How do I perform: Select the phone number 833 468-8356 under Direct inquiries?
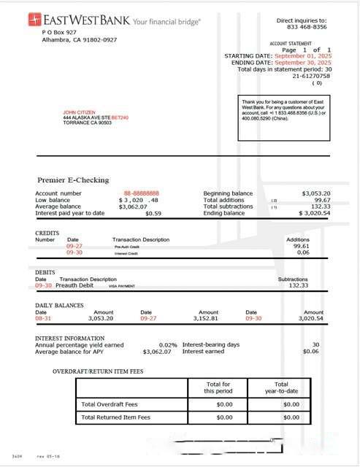click(302, 27)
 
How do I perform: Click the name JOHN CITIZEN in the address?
click(80, 112)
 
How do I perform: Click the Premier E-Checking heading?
click(73, 180)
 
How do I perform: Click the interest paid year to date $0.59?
click(153, 213)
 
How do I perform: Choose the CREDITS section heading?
click(47, 233)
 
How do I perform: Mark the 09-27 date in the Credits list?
click(74, 247)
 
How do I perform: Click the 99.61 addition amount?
click(301, 247)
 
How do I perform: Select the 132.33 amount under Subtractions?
click(298, 285)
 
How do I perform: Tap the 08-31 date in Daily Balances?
click(43, 318)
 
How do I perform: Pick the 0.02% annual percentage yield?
click(168, 344)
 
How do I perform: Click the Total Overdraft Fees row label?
click(110, 404)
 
